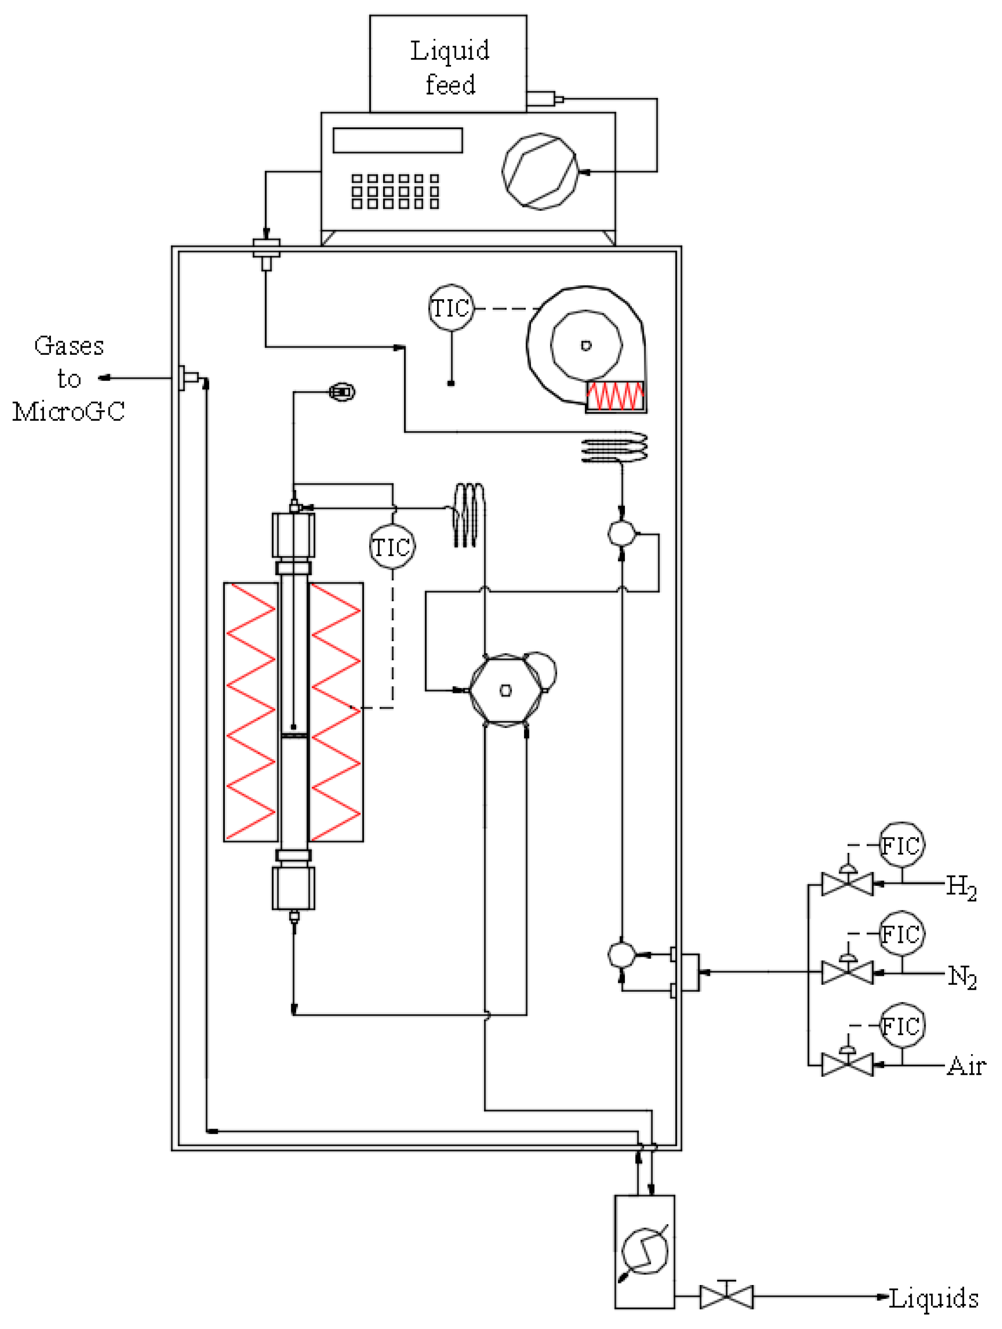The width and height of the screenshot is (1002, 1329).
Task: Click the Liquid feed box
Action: click(448, 63)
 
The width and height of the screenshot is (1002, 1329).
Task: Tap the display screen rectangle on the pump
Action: click(398, 140)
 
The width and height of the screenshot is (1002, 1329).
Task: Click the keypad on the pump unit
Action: click(395, 191)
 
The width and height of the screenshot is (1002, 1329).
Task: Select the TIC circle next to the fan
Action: click(451, 308)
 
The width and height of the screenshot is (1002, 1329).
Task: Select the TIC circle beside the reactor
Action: click(392, 547)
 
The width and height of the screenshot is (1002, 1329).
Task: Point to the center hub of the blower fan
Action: click(586, 345)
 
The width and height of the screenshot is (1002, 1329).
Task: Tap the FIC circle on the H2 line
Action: click(902, 845)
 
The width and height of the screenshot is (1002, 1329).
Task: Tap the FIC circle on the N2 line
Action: click(902, 934)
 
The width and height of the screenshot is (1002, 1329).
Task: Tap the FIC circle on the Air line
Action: click(902, 1025)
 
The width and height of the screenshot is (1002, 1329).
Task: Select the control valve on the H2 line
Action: click(847, 884)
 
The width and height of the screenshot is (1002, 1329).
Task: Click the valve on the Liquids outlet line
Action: click(726, 1296)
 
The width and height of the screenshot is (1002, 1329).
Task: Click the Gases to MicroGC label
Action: click(68, 379)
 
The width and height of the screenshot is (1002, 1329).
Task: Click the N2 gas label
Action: click(962, 976)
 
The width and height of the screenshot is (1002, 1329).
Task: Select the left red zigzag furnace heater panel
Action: click(251, 711)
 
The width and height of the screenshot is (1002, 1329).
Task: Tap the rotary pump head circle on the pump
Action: click(539, 171)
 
